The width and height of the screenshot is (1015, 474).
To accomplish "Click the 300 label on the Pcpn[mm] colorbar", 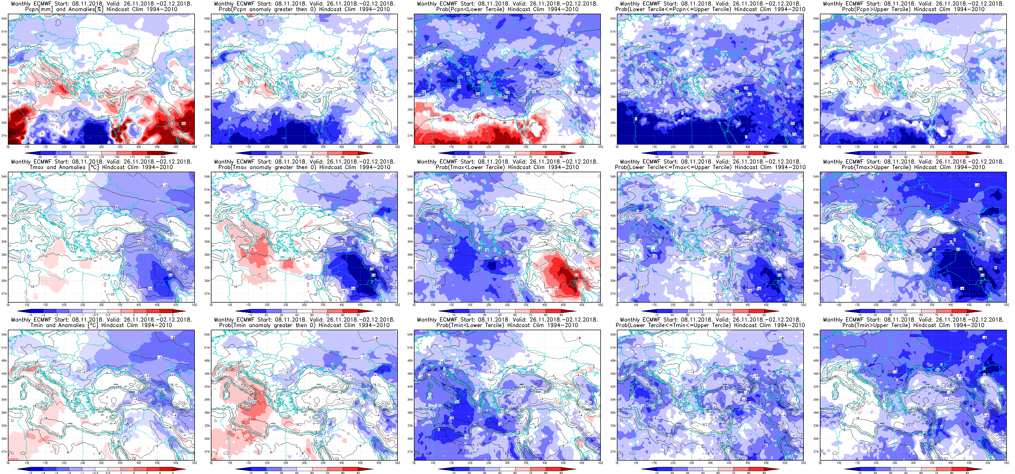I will [x=162, y=157].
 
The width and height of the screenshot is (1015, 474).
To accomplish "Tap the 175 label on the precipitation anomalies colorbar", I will [x=132, y=157].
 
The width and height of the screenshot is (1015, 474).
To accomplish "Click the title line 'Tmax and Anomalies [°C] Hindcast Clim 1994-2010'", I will [x=101, y=167].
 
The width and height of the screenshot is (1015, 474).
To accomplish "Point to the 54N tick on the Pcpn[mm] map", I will [x=3, y=18].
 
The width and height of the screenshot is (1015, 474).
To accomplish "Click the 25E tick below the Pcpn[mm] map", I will [x=83, y=147].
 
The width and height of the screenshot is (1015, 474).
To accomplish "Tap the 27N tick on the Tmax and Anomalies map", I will [x=3, y=294].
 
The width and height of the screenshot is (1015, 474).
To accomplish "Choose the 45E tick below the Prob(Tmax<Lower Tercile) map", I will [x=563, y=305].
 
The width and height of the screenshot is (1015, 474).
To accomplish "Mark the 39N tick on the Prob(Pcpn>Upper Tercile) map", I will [x=816, y=83].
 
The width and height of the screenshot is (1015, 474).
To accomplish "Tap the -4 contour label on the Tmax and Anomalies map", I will [x=166, y=185].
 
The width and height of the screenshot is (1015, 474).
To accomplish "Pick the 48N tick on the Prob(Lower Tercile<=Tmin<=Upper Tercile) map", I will [x=613, y=361].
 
